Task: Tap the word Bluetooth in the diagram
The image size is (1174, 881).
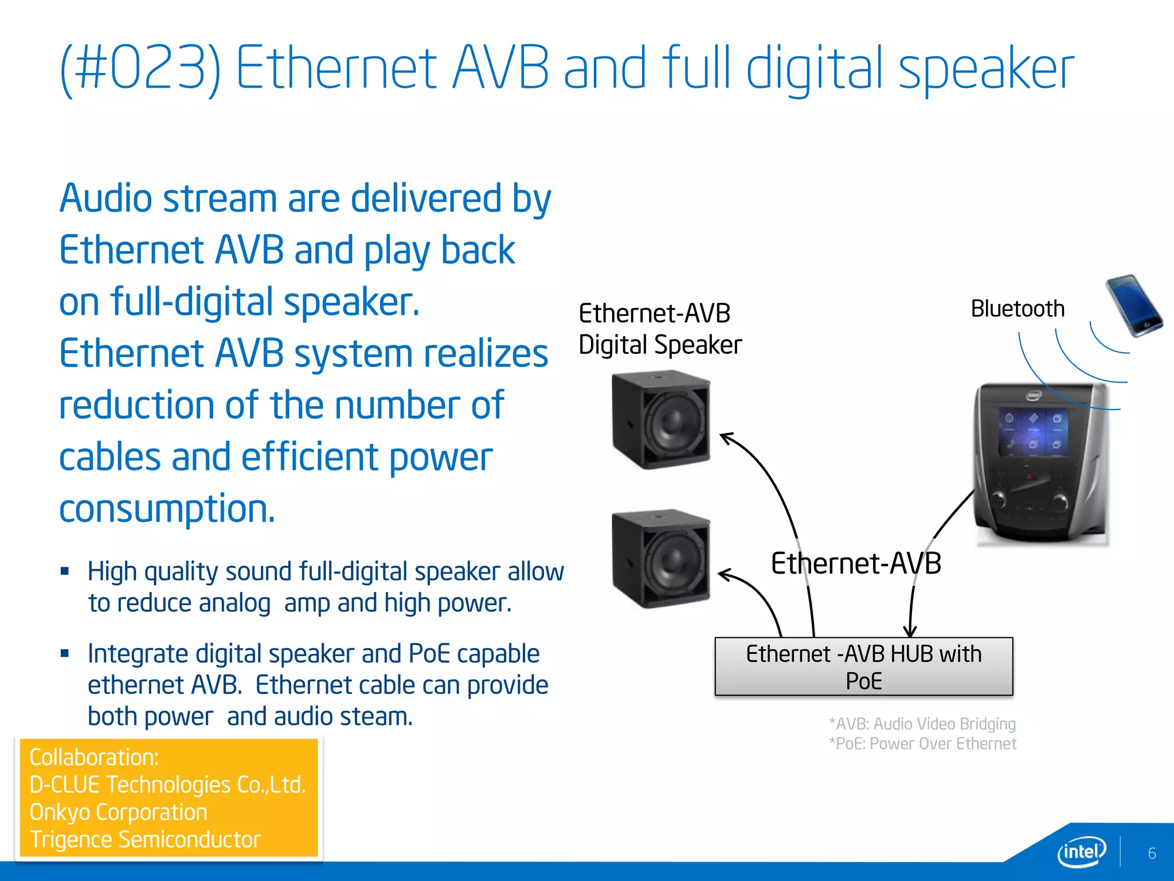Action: [x=1017, y=309]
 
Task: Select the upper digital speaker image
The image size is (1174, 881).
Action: [x=661, y=420]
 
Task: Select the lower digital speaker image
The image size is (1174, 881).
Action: [x=661, y=558]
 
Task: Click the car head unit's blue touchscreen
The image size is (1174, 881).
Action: [x=1032, y=432]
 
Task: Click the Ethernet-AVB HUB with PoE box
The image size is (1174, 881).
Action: [x=863, y=666]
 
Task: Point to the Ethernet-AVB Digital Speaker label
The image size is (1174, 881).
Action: [x=659, y=329]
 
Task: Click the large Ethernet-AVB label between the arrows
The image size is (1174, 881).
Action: [x=855, y=563]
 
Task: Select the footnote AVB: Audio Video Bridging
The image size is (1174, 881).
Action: [x=922, y=724]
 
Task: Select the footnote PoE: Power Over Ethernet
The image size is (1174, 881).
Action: [x=922, y=744]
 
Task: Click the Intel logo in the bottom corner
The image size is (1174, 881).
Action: [x=1081, y=852]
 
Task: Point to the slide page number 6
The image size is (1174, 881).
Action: [x=1152, y=853]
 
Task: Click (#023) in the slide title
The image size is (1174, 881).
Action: [x=140, y=69]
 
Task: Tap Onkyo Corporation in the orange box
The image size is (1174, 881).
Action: [x=118, y=812]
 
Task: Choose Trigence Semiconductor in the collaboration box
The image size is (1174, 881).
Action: [x=145, y=840]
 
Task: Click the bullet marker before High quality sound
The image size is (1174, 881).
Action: [x=65, y=571]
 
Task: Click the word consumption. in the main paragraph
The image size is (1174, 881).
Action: [x=167, y=509]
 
